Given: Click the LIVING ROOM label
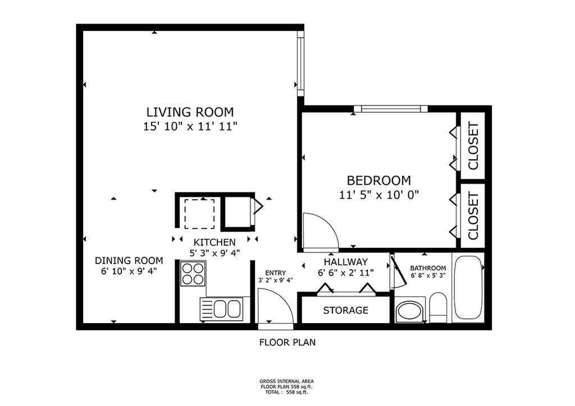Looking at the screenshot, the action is click(x=190, y=112).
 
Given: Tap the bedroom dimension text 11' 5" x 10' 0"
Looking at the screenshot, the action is click(x=379, y=195).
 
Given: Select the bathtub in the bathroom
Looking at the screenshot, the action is click(x=468, y=288).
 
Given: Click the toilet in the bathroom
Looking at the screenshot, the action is click(x=438, y=307).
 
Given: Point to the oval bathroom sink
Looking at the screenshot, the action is click(x=410, y=311).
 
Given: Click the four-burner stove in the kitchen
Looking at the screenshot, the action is click(x=193, y=274).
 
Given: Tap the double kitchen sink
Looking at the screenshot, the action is click(x=221, y=309).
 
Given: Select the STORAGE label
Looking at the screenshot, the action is click(x=345, y=311).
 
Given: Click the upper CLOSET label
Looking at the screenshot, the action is click(x=473, y=146).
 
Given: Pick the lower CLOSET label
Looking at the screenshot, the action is click(x=473, y=216).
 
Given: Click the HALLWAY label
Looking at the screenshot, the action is click(x=345, y=262).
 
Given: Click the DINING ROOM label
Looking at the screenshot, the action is click(x=129, y=261).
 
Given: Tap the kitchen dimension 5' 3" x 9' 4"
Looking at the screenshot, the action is click(x=215, y=252).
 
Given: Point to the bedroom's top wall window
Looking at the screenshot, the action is click(x=391, y=109).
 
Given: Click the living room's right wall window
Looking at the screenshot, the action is click(x=301, y=63).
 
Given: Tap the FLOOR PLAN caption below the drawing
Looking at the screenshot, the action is click(x=287, y=343).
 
